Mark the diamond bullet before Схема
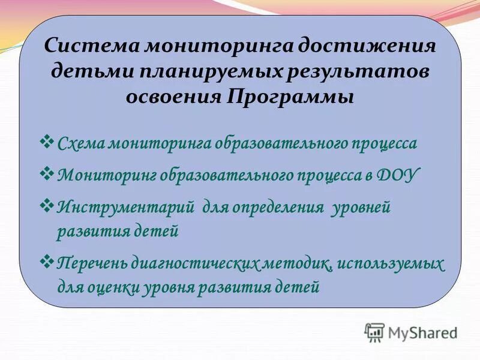tap(48, 142)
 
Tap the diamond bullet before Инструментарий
tap(48, 206)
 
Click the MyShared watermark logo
tap(411, 332)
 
